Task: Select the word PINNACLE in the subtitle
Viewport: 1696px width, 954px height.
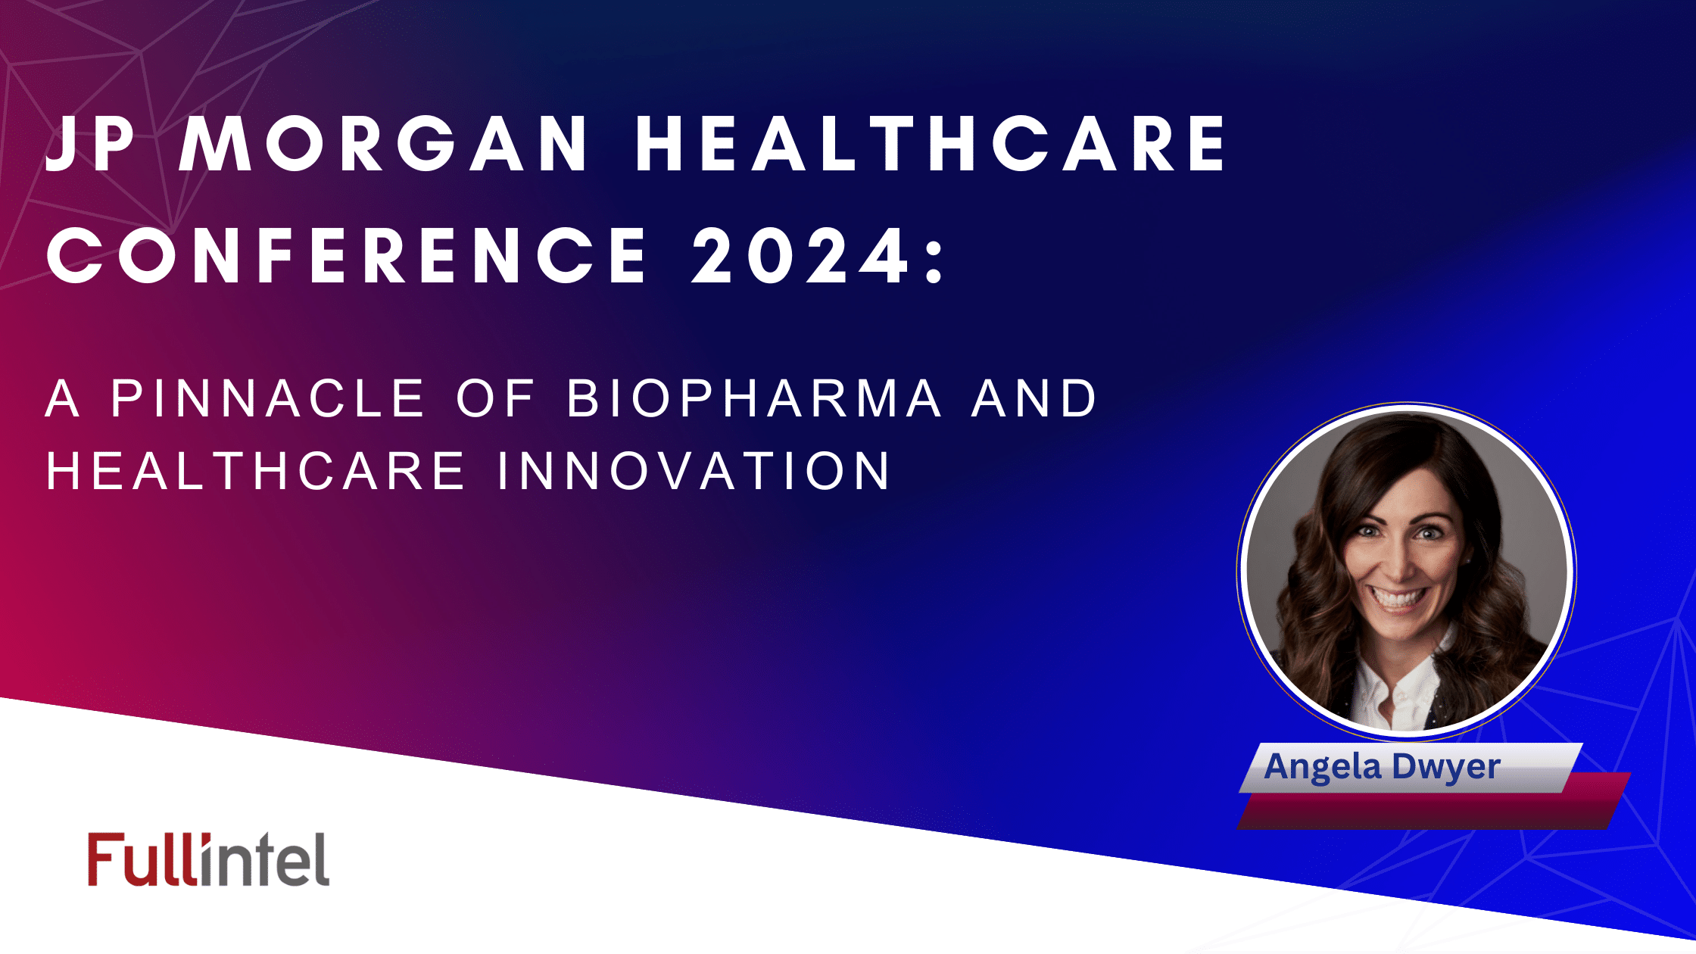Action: click(x=268, y=398)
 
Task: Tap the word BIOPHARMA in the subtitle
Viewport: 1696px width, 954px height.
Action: click(x=755, y=398)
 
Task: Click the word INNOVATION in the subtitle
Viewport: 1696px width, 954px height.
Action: click(x=694, y=471)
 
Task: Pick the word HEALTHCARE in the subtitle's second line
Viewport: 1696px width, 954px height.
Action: click(x=256, y=471)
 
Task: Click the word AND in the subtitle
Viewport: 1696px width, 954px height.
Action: click(x=1034, y=398)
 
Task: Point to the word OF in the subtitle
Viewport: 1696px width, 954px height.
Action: click(x=496, y=398)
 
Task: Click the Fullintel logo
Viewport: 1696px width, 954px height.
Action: click(x=208, y=860)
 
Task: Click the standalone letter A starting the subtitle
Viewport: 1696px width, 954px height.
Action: click(x=62, y=398)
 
